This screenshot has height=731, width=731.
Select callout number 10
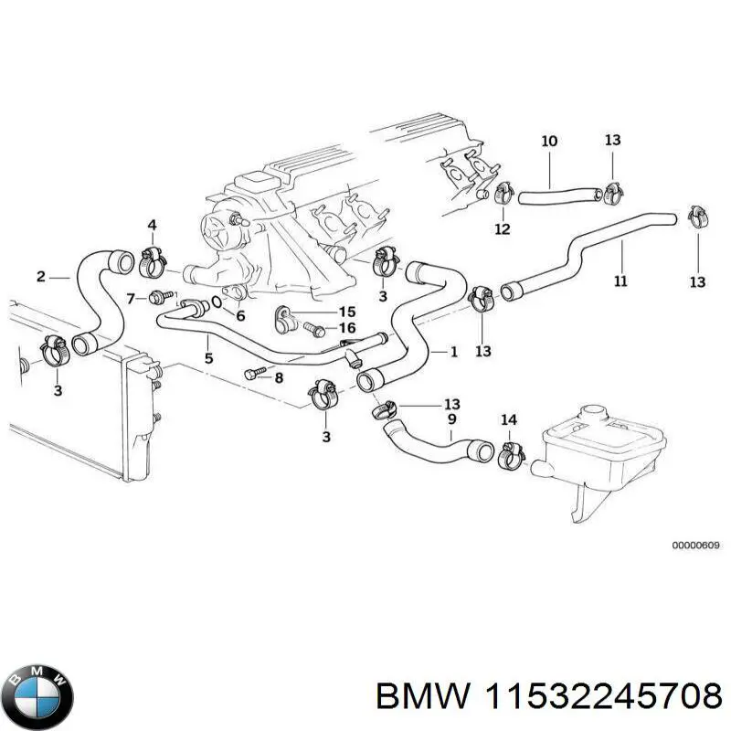549,142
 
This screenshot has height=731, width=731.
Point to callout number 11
620,281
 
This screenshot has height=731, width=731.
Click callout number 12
502,228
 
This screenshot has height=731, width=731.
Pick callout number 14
509,420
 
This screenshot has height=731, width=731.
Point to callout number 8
279,377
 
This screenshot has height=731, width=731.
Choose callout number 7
131,297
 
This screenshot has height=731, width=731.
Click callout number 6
240,316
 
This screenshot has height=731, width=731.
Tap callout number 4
152,225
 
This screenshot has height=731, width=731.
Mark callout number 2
40,276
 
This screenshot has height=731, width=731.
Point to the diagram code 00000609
696,545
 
